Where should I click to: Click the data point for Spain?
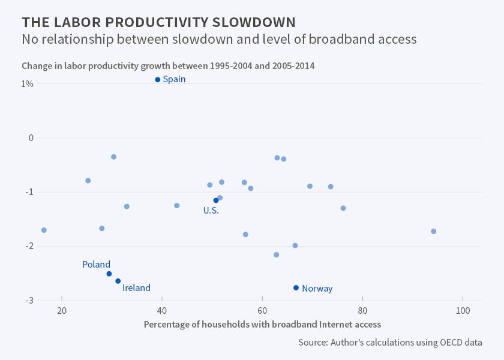point(158,79)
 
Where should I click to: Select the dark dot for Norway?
point(296,288)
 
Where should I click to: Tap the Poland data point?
point(109,274)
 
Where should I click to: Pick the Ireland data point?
point(118,281)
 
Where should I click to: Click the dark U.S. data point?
point(216,200)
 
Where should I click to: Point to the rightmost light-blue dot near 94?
point(434,232)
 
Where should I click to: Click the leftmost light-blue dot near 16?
point(44,230)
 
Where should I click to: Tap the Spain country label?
point(174,79)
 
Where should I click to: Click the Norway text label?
point(317,289)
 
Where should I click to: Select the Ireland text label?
point(136,288)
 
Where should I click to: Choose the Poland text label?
point(96,264)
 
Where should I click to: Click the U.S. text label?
point(211,211)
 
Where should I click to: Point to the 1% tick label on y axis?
point(27,84)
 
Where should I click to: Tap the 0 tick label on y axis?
point(31,138)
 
